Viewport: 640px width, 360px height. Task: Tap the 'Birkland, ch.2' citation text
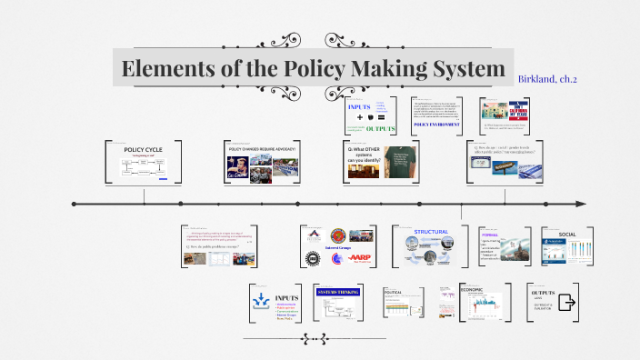coord(547,79)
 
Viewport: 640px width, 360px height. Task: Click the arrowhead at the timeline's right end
coord(582,204)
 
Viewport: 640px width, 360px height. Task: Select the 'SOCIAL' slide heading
coord(567,234)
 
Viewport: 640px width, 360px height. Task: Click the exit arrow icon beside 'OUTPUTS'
coord(568,302)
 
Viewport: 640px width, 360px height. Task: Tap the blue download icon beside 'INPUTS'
coord(260,299)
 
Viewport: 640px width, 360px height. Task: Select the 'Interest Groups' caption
coord(338,247)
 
